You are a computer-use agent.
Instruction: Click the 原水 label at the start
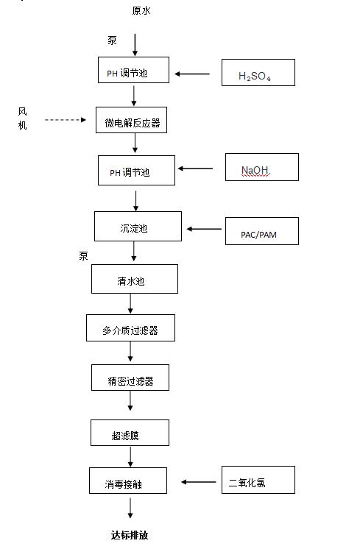tap(141, 10)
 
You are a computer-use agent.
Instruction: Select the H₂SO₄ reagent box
tap(258, 74)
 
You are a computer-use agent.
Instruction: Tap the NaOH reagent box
tap(261, 167)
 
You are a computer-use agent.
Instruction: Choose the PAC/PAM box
tap(261, 231)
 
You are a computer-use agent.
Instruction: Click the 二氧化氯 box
tap(258, 480)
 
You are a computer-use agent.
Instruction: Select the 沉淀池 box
tap(138, 227)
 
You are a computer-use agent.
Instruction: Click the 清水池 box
tap(134, 279)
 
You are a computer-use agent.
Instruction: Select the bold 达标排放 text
tap(130, 535)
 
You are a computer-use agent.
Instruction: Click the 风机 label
tap(23, 118)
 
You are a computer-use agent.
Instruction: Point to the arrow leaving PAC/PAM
tap(204, 229)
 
